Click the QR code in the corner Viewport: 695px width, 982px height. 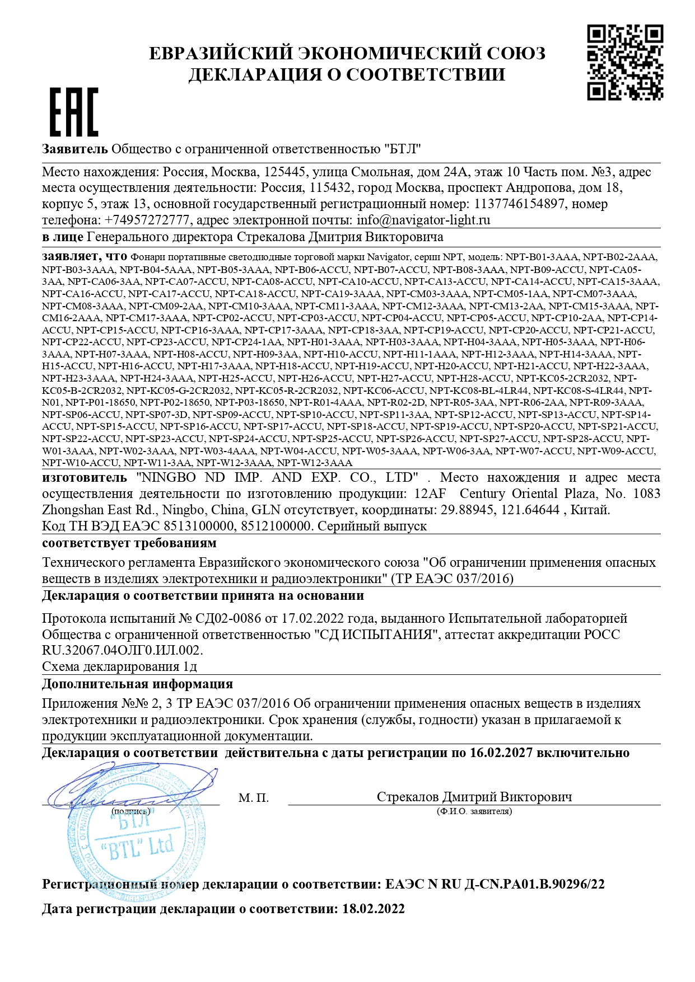[x=624, y=62]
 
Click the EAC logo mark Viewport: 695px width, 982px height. [x=74, y=112]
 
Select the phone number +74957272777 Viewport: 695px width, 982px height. [x=148, y=220]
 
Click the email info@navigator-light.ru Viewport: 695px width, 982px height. [x=423, y=220]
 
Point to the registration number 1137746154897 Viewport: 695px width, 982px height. [x=519, y=204]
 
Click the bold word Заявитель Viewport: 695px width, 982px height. [x=74, y=149]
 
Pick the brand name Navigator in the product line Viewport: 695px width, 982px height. [x=388, y=257]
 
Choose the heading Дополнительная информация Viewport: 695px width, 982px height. [x=137, y=684]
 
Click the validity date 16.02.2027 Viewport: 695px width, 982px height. [x=501, y=753]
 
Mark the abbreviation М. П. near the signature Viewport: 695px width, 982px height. [x=253, y=797]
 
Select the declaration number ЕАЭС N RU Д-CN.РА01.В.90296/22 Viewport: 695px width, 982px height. [x=495, y=884]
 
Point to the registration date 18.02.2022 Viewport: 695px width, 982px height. [x=373, y=909]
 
